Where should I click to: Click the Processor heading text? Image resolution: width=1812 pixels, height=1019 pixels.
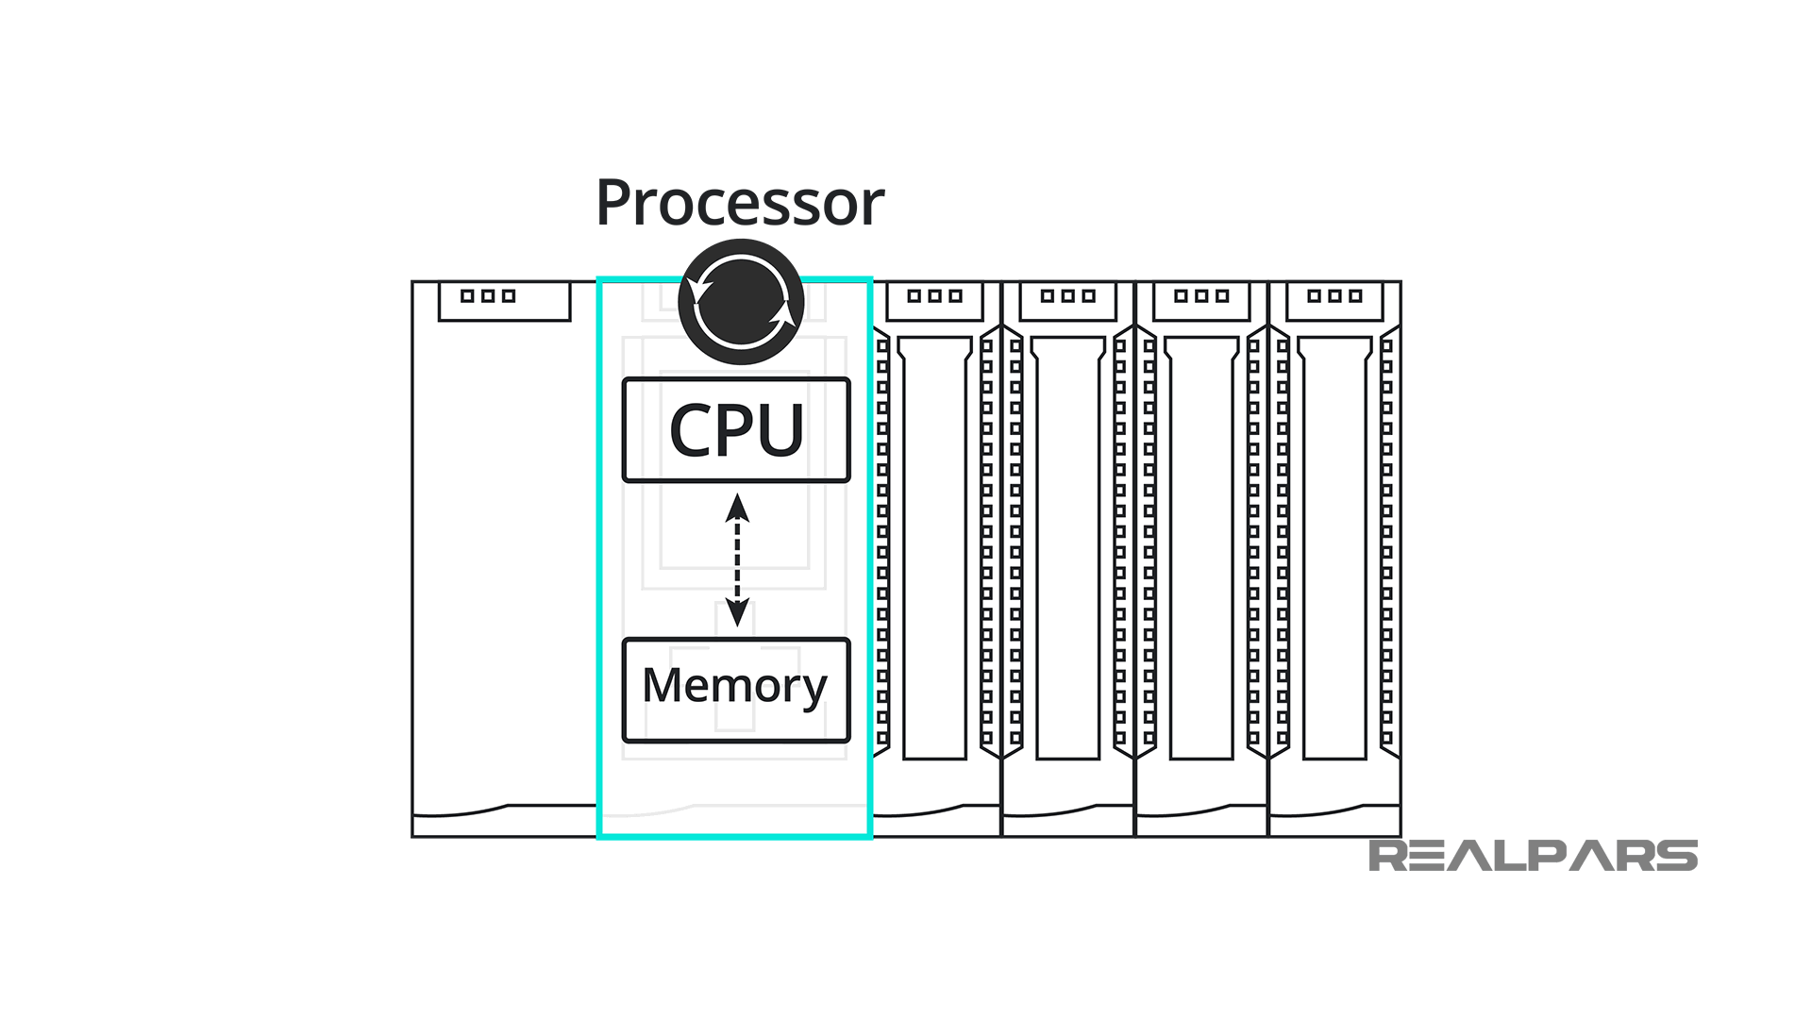pyautogui.click(x=739, y=203)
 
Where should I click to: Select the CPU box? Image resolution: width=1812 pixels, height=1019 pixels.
pyautogui.click(x=736, y=430)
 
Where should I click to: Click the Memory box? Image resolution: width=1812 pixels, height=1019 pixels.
pyautogui.click(x=736, y=690)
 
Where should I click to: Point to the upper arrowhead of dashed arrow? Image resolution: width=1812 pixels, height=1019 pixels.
pyautogui.click(x=737, y=509)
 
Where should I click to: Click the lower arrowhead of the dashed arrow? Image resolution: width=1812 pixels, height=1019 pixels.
pyautogui.click(x=737, y=612)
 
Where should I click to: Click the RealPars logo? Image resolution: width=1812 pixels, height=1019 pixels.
pyautogui.click(x=1533, y=856)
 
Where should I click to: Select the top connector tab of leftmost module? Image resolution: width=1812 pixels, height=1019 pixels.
pyautogui.click(x=504, y=302)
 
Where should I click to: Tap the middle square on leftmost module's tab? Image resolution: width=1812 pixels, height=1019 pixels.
pyautogui.click(x=488, y=296)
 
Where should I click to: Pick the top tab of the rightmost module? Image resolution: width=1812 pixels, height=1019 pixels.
pyautogui.click(x=1334, y=302)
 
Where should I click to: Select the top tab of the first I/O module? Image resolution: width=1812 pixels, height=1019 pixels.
pyautogui.click(x=934, y=302)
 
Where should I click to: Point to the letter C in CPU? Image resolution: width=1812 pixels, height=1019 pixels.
pyautogui.click(x=690, y=431)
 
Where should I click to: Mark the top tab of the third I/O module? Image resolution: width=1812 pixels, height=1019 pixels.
pyautogui.click(x=1200, y=302)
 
